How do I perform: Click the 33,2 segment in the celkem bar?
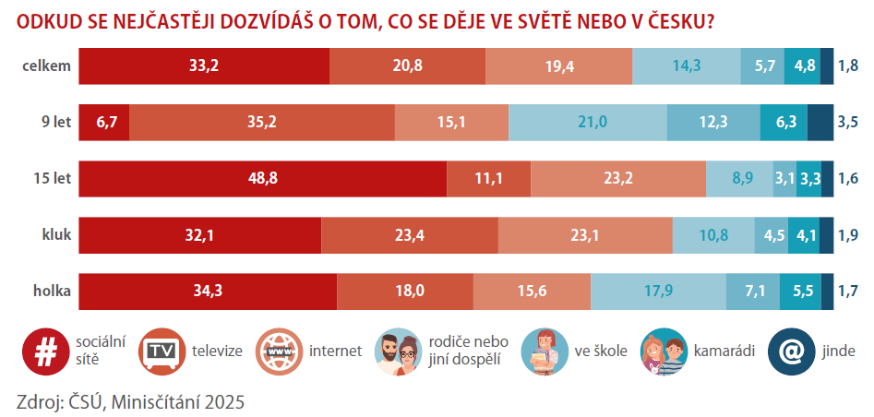coord(204,66)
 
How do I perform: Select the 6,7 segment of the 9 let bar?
coord(103,123)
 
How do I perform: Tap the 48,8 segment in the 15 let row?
coord(262,179)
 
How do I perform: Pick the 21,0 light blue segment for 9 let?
coord(588,123)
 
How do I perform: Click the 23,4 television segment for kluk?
coord(409,235)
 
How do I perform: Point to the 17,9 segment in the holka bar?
coord(658,292)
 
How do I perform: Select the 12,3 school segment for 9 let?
coord(713,123)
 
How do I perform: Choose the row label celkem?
coord(49,66)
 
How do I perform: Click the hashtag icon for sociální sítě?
coord(42,351)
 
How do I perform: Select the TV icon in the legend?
coord(161,351)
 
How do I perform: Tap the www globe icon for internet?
coord(279,351)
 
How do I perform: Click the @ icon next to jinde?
coord(791,351)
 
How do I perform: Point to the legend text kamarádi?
coord(724,351)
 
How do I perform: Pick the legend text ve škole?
coord(601,351)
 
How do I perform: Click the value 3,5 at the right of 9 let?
coord(847,123)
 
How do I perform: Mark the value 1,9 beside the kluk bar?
coord(847,235)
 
